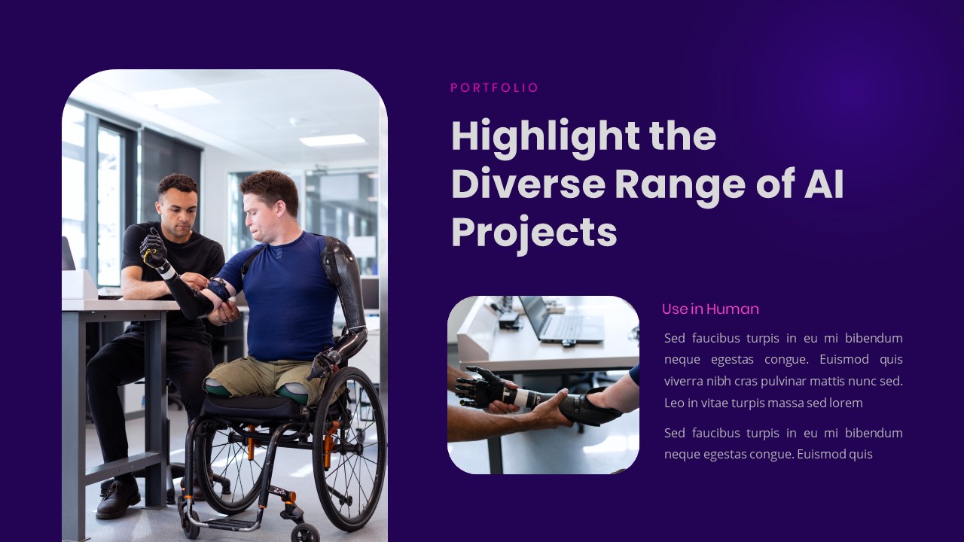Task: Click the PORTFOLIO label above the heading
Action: point(494,88)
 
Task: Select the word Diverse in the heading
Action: point(529,184)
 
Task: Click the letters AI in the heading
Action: point(824,184)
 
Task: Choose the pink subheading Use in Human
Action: point(710,309)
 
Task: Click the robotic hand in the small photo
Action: point(482,387)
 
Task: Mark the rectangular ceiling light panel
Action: point(332,140)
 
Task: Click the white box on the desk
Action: point(79,284)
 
